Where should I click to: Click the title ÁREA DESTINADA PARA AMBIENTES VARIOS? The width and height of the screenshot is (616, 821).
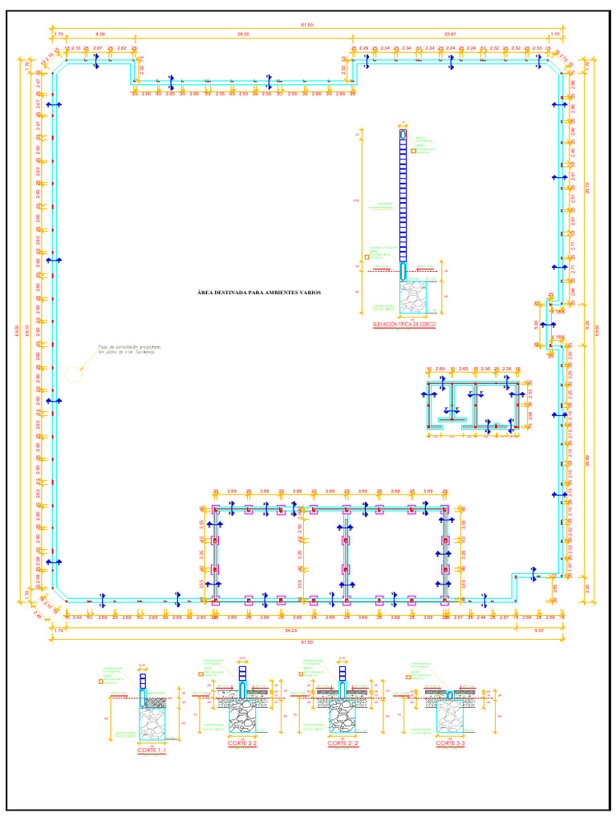click(259, 293)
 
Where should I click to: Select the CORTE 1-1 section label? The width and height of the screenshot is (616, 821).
click(152, 750)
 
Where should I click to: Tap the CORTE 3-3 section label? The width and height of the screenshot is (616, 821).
click(451, 744)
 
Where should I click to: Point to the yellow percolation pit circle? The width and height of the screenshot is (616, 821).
click(74, 373)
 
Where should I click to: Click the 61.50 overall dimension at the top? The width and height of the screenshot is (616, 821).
click(307, 26)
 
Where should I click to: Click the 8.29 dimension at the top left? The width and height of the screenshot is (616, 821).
click(99, 34)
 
